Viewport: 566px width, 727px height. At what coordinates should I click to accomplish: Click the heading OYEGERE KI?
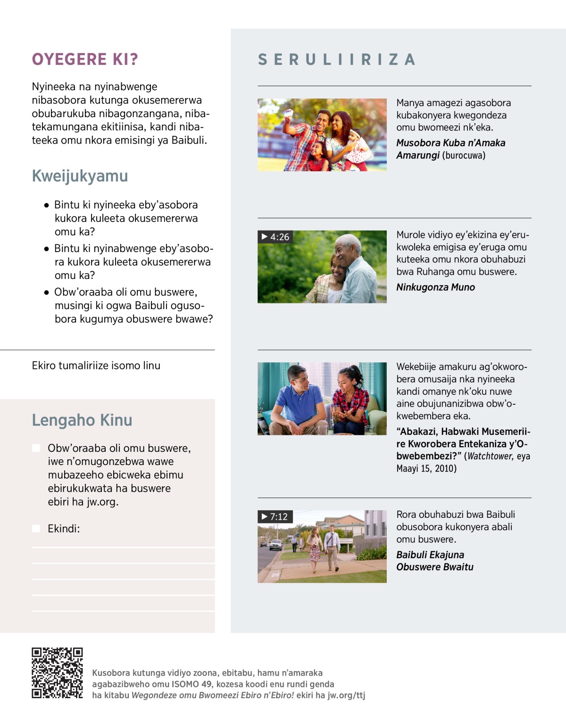coord(85,59)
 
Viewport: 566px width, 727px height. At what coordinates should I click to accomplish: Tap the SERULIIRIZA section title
coord(337,59)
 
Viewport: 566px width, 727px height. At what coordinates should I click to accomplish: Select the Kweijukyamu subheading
coord(80,176)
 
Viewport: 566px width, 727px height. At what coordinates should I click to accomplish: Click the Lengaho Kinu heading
coord(82,420)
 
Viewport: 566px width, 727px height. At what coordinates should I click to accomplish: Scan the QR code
coord(57,673)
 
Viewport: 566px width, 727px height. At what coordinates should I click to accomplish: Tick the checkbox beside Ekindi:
coord(36,529)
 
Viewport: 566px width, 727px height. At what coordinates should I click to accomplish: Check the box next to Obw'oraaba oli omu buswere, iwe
coord(36,448)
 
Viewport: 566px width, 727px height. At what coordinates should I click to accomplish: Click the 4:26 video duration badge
coord(275,237)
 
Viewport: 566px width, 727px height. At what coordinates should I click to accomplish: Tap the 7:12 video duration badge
coord(275,517)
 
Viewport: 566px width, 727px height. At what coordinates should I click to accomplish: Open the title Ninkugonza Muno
coord(435,287)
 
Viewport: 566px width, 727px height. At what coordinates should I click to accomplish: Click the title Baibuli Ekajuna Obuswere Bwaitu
coord(434,561)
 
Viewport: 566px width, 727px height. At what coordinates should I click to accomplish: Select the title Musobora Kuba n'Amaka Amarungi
coord(450,149)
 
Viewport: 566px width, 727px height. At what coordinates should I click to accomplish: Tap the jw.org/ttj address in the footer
coord(346,695)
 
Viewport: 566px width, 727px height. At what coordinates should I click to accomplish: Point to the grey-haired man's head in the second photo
coord(350,245)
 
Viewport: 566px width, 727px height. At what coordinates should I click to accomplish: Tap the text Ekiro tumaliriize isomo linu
coord(96,366)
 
